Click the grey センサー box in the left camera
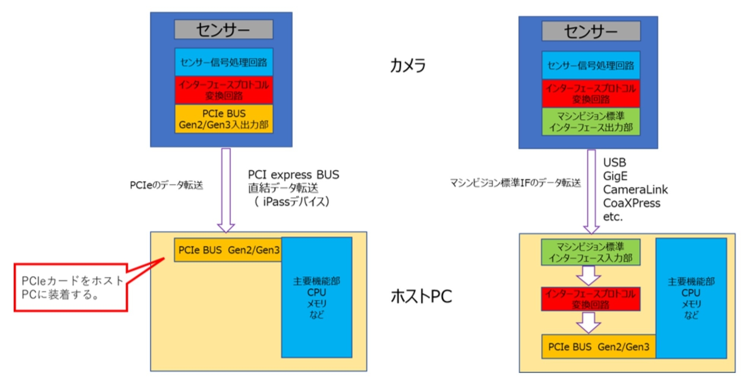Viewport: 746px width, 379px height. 223,30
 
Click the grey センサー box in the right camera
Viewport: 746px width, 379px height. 591,31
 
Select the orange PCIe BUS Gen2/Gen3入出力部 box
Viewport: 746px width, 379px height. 224,119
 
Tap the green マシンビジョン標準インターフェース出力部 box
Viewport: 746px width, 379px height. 591,122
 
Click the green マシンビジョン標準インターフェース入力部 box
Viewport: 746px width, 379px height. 590,252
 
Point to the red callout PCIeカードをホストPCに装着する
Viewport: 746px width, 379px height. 71,288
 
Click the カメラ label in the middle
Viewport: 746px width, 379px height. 408,65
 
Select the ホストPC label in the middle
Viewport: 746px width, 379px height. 421,296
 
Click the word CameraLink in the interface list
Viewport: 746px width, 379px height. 635,189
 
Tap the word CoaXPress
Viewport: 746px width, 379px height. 631,203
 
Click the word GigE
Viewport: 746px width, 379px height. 615,176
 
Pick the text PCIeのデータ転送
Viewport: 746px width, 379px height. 166,185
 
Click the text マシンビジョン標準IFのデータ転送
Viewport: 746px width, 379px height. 515,183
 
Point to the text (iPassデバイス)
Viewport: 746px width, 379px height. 291,201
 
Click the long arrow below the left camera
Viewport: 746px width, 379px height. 226,190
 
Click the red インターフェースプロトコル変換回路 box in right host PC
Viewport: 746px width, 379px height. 590,299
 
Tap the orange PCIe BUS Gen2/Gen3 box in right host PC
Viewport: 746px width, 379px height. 598,347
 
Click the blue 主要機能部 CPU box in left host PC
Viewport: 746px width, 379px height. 317,297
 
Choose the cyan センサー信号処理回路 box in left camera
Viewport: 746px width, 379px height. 224,62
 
